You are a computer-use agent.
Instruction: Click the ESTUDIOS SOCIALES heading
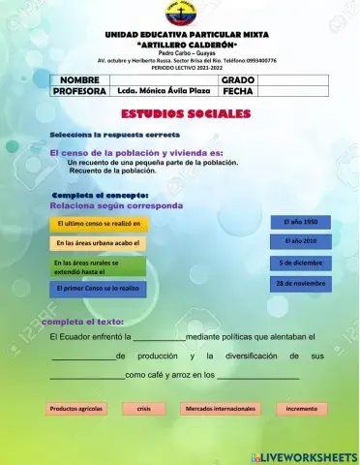click(180, 113)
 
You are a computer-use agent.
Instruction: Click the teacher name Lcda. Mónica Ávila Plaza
click(162, 91)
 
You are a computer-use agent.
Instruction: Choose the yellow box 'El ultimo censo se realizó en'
click(98, 224)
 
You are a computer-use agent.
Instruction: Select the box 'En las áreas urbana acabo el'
click(98, 242)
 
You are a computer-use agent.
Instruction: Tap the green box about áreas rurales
click(97, 266)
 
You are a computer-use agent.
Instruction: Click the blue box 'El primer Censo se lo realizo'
click(97, 289)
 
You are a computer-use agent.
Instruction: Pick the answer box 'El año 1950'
click(300, 222)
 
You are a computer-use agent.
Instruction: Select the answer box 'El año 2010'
click(300, 240)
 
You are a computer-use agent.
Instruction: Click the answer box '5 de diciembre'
click(300, 263)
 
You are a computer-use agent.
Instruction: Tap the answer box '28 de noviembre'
click(300, 284)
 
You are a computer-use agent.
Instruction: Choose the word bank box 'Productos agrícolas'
click(76, 409)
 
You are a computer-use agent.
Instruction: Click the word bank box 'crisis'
click(143, 409)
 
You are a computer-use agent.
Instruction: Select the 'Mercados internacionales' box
click(220, 409)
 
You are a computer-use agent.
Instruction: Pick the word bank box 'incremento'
click(301, 409)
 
